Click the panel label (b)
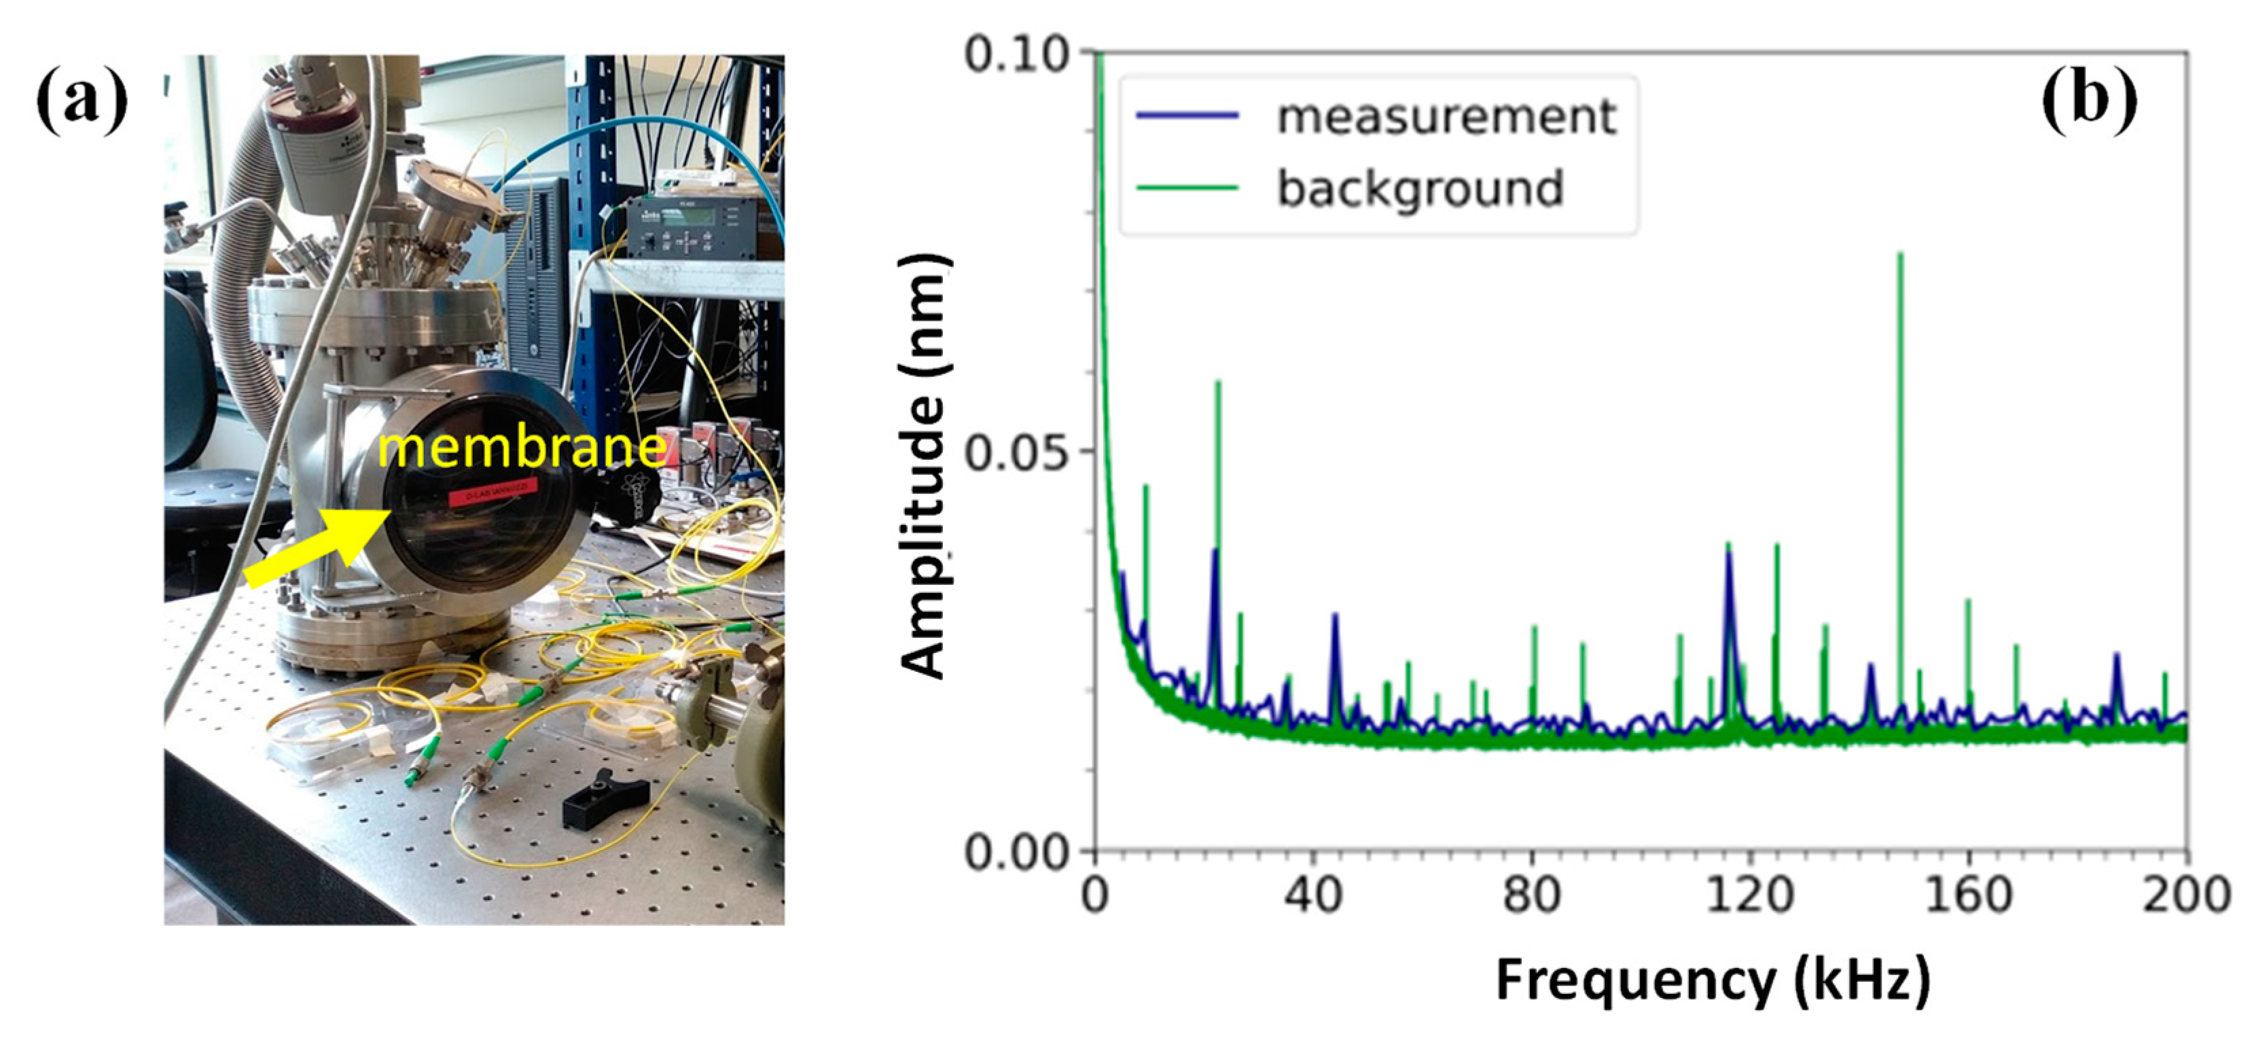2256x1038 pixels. pyautogui.click(x=2089, y=103)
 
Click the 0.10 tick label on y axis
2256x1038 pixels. pyautogui.click(x=1016, y=54)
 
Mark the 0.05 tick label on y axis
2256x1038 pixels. pyautogui.click(x=1016, y=452)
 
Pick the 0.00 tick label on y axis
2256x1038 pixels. pyautogui.click(x=1016, y=851)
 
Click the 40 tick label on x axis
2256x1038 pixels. pyautogui.click(x=1314, y=895)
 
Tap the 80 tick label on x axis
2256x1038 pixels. pyautogui.click(x=1532, y=895)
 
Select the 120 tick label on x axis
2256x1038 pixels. pyautogui.click(x=1750, y=895)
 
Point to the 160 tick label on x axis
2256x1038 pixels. pyautogui.click(x=1969, y=895)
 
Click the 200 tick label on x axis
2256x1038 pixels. pyautogui.click(x=2187, y=895)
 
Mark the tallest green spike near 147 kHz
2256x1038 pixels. pyautogui.click(x=1899, y=263)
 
